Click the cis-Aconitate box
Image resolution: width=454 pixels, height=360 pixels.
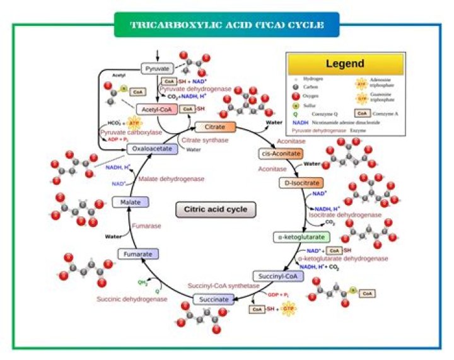281,153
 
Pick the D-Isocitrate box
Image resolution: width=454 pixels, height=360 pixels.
300,183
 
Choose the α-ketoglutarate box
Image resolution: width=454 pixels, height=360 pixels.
301,238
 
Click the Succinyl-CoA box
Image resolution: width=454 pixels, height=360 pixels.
275,276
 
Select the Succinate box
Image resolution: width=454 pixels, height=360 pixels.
212,299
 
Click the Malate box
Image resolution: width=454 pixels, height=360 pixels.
129,202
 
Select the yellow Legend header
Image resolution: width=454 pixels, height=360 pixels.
344,64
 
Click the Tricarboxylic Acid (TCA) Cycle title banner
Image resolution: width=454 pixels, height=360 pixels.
226,26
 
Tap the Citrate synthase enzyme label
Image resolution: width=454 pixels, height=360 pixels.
204,139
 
